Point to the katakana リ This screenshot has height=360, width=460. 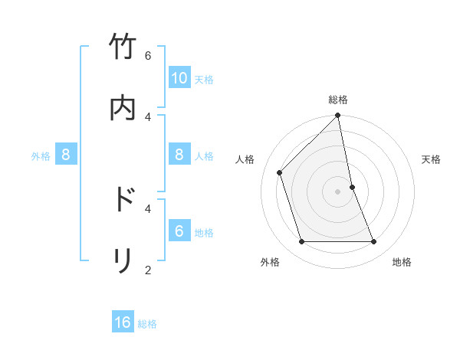[x=123, y=260]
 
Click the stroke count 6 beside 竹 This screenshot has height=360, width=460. [x=148, y=56]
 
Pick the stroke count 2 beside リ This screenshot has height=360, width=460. [x=148, y=270]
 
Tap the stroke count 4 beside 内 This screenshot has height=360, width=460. [x=148, y=116]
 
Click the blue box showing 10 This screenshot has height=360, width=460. [x=179, y=78]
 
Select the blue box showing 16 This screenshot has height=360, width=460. [x=123, y=322]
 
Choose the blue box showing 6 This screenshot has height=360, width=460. [x=179, y=231]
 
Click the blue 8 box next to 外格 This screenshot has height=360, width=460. [x=66, y=155]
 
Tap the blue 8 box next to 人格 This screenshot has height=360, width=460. [x=179, y=155]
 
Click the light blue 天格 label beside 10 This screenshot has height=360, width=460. [x=204, y=80]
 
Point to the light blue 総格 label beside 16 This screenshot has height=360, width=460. [x=147, y=324]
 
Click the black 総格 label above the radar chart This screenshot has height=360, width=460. [x=338, y=100]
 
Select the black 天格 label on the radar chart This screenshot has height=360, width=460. [x=432, y=159]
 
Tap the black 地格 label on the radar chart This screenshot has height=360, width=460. [x=402, y=262]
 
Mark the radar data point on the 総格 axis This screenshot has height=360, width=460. [x=338, y=116]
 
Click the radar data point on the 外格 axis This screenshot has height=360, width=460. [x=302, y=242]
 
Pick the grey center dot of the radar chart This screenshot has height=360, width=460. [x=338, y=191]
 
